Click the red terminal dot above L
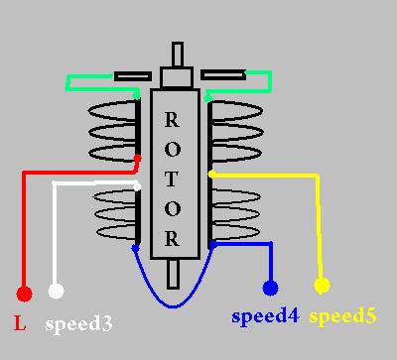pos(24,294)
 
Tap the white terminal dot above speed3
pos(57,291)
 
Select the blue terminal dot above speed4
pos(270,289)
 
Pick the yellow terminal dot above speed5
pos(322,286)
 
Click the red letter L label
pos(20,323)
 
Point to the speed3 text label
pos(77,323)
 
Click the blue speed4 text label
pos(264,318)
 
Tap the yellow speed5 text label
pos(343,318)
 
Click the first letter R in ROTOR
pos(172,120)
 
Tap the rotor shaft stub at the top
pos(177,55)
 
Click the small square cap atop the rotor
pos(177,76)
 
